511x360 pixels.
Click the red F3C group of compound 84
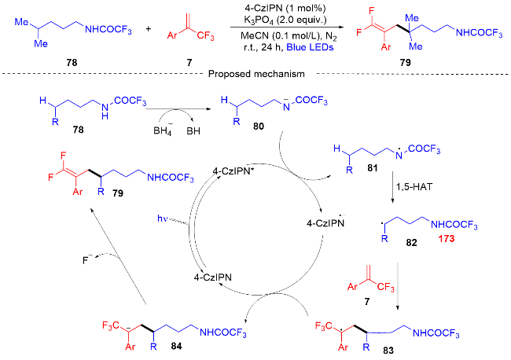point(111,323)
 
